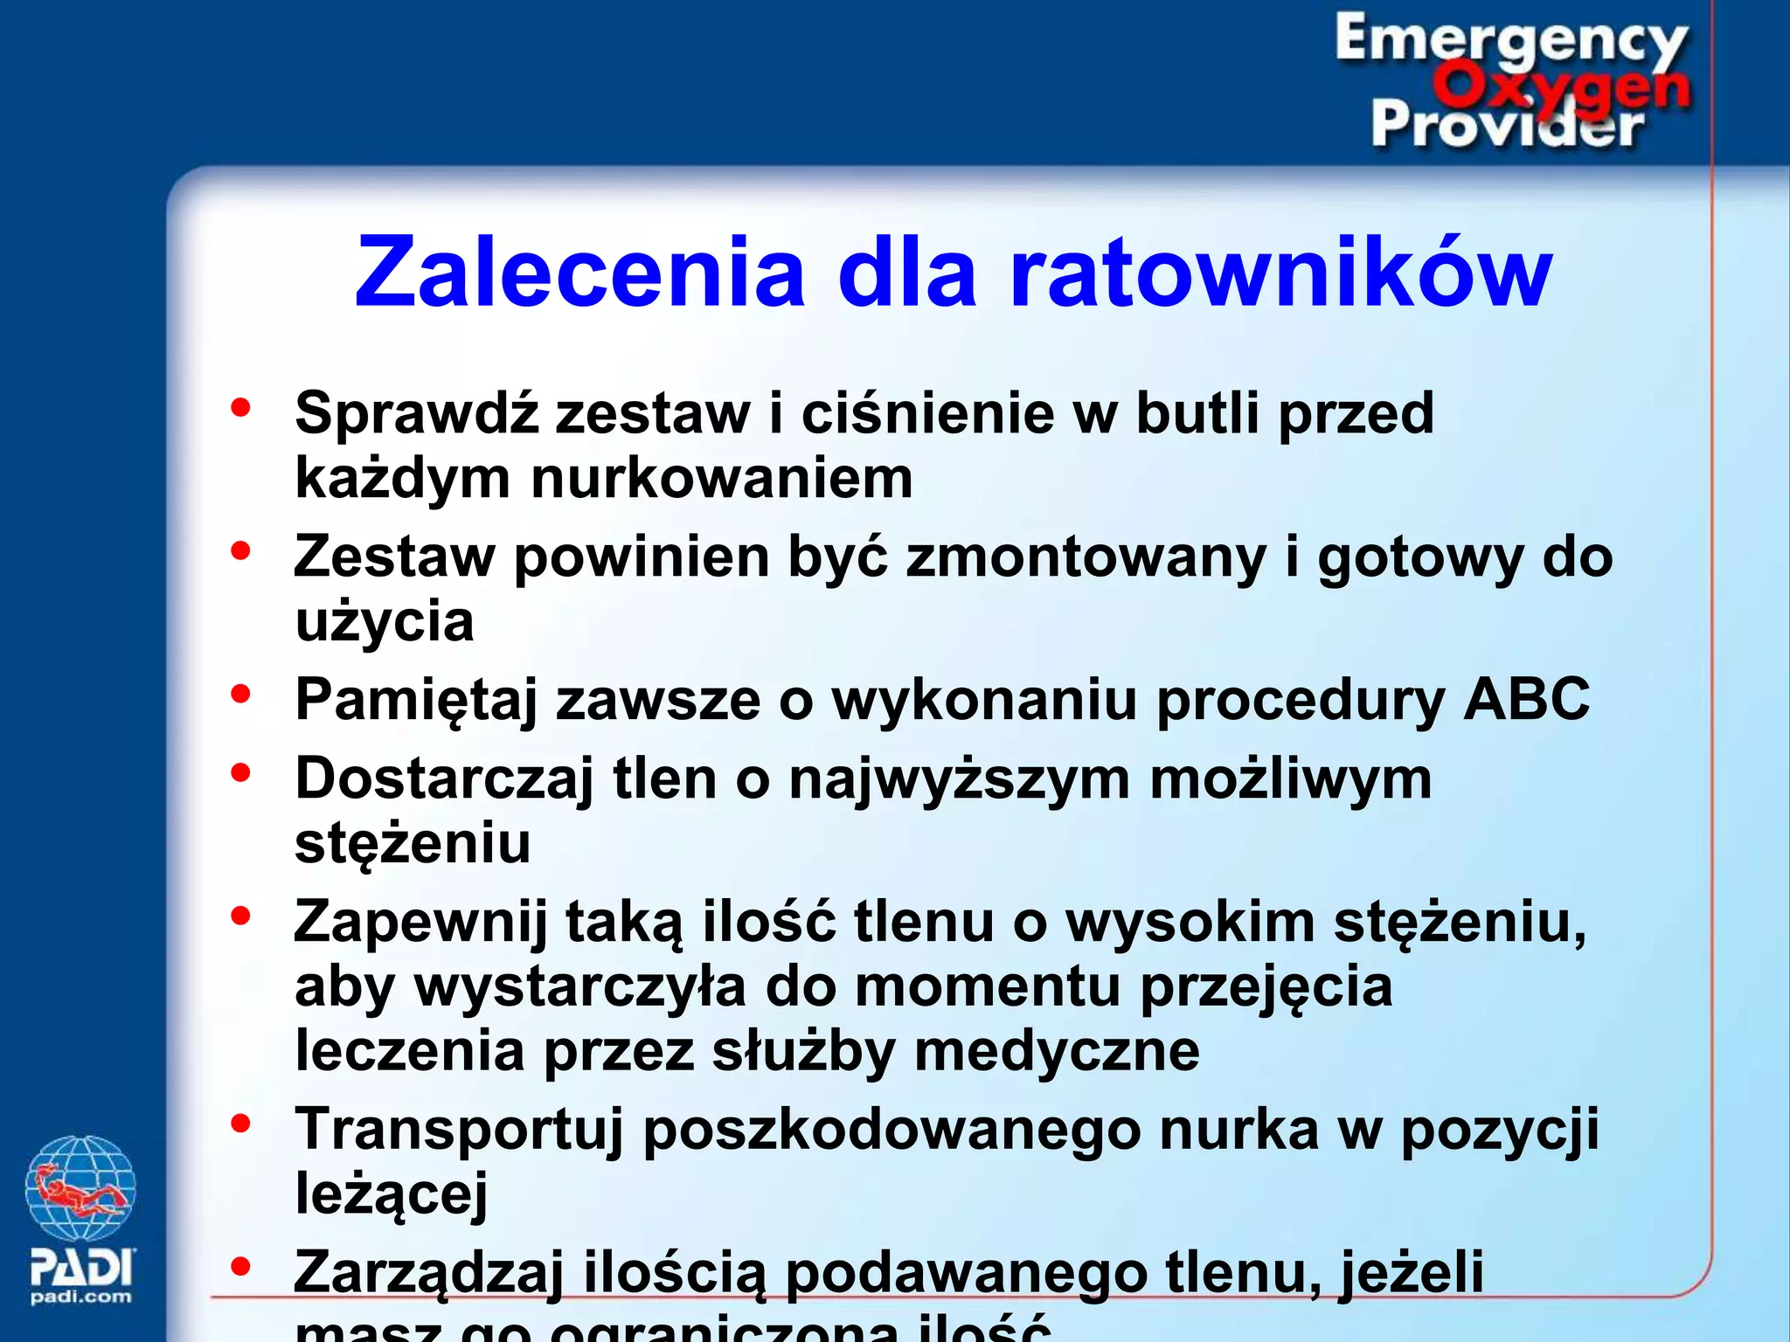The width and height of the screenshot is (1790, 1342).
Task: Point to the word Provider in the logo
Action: tap(1508, 125)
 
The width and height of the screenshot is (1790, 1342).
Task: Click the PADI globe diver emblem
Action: tap(80, 1188)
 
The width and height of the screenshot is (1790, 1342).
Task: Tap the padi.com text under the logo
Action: tap(81, 1297)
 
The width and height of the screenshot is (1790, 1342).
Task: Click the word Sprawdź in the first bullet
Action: tap(416, 412)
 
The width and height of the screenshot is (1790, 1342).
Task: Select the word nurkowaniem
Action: tap(721, 479)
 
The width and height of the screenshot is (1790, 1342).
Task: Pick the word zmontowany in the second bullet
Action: tap(1086, 557)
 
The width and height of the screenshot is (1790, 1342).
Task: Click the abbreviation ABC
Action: tap(1526, 699)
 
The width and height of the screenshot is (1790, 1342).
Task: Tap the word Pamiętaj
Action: tap(416, 701)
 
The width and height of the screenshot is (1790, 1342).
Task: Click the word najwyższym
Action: tap(959, 778)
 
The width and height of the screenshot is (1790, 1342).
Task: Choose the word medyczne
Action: tap(1057, 1050)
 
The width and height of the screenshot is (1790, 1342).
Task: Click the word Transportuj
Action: tap(459, 1130)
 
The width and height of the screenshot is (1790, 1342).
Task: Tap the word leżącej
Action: tap(391, 1193)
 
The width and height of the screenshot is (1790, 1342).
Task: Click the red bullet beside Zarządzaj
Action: tap(240, 1266)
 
